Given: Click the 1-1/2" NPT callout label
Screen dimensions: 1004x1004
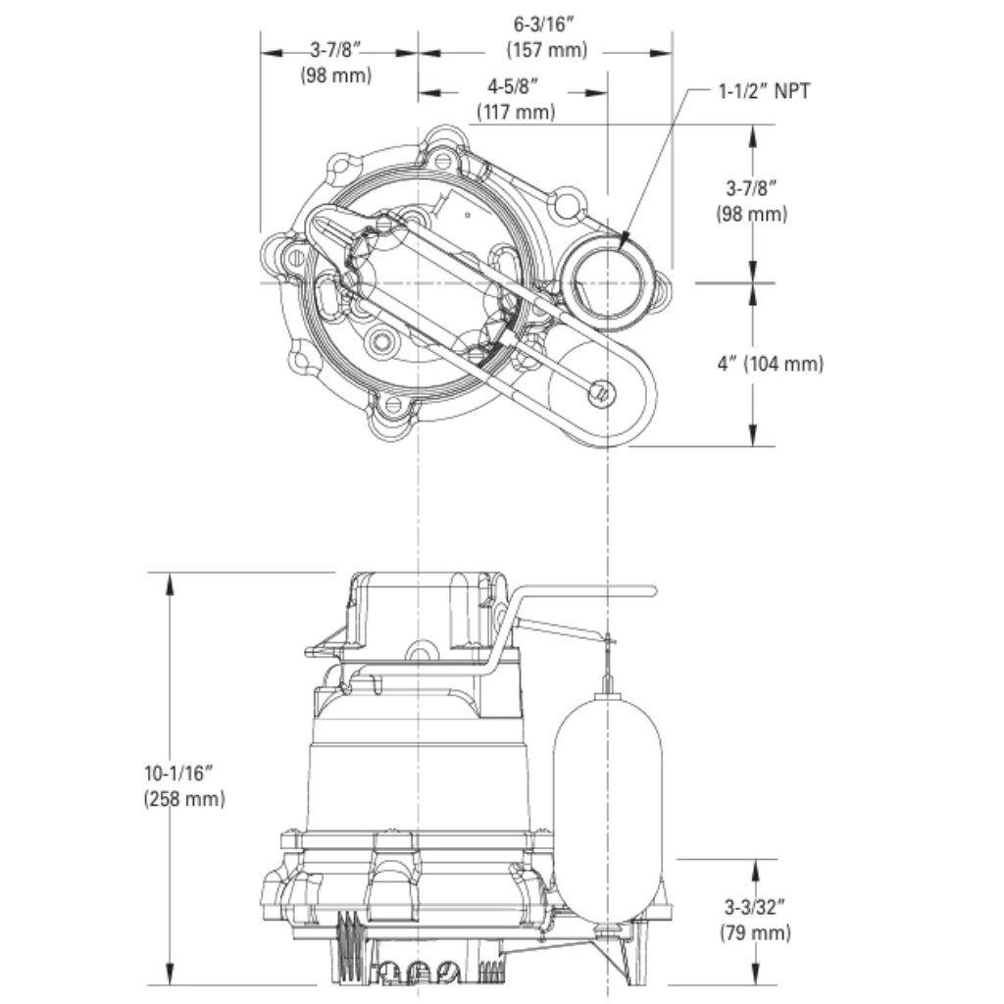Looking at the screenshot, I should click(x=765, y=92).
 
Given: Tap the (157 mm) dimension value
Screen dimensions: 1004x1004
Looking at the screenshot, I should click(x=546, y=50).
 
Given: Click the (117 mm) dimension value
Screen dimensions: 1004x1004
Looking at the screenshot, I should click(x=516, y=112).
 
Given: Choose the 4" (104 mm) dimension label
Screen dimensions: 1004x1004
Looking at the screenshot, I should click(x=770, y=364).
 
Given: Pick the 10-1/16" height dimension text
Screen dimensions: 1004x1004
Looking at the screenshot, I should click(x=184, y=773).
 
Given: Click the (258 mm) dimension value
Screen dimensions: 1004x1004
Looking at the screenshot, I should click(x=184, y=798).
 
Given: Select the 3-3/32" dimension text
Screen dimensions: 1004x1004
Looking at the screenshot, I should click(x=755, y=907).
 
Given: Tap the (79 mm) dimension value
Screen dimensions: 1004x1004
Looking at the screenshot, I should click(x=755, y=932).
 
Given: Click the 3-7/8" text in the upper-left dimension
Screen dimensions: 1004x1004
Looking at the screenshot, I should click(x=336, y=50).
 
